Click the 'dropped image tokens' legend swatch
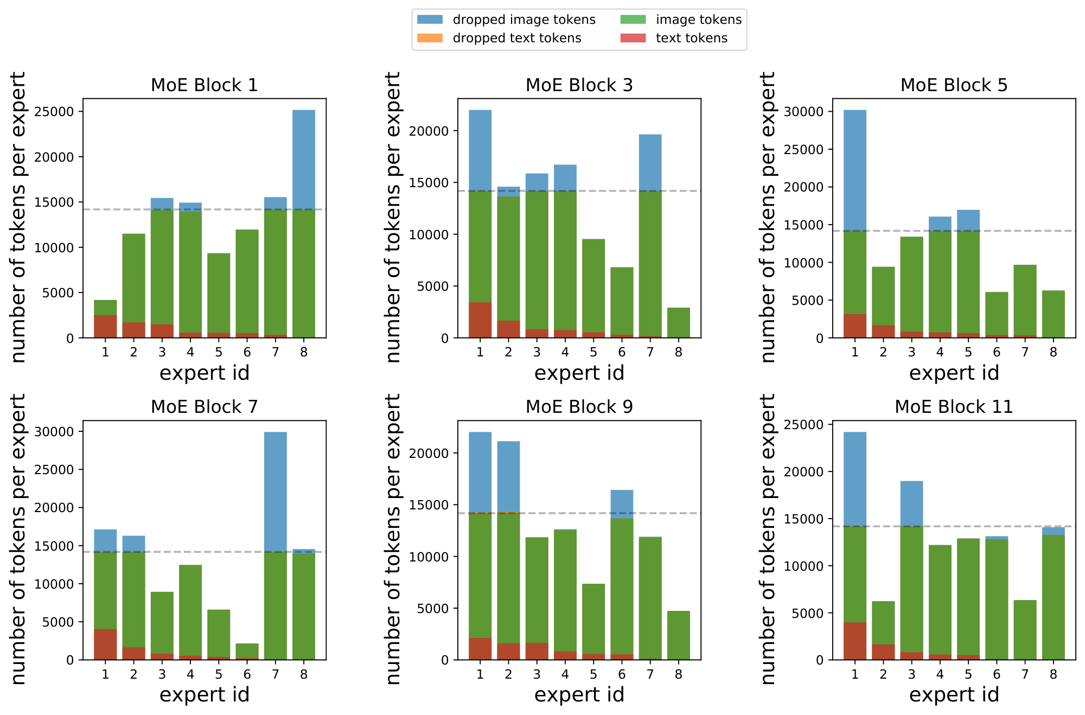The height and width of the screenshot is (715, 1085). [x=430, y=20]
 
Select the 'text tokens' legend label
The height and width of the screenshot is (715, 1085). [x=691, y=38]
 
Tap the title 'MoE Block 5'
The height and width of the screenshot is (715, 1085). [x=954, y=85]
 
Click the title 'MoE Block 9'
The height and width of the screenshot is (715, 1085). [x=579, y=407]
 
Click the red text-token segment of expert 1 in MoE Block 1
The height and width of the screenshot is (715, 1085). [x=105, y=326]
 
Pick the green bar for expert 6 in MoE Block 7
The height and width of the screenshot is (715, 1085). [x=247, y=650]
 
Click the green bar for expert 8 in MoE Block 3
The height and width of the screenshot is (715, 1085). [x=679, y=323]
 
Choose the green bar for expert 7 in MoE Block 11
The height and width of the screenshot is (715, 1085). [x=1025, y=630]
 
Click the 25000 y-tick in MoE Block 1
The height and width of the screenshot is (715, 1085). [x=54, y=112]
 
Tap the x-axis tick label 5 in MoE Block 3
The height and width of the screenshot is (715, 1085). [x=593, y=352]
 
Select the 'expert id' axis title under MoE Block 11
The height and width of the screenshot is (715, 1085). [x=954, y=694]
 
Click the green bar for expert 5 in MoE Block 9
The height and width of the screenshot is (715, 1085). [x=593, y=618]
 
